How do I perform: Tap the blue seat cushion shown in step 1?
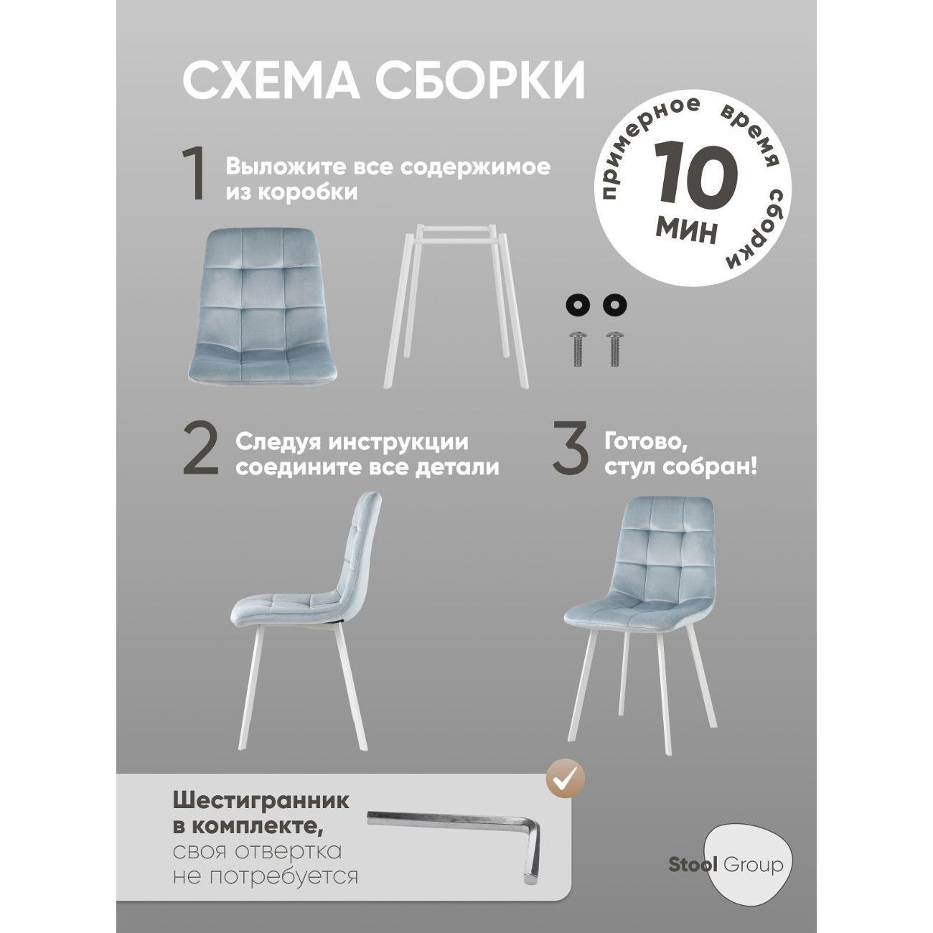(x=256, y=301)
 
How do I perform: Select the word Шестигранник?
(x=261, y=801)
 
